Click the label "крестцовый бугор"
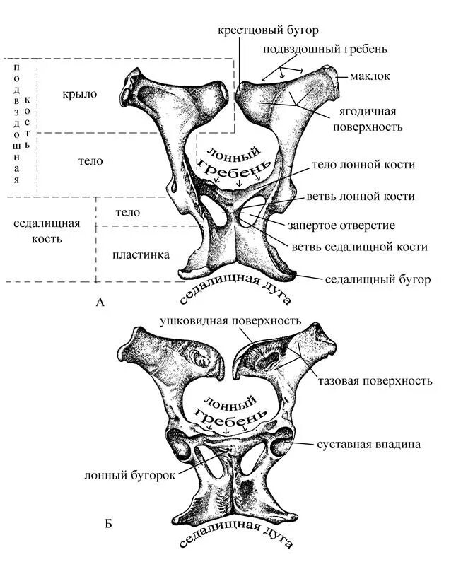point(268,31)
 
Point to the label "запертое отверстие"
point(341,225)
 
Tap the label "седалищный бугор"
point(378,279)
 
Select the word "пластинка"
point(141,254)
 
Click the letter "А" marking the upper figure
point(100,303)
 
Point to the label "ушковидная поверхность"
point(230,320)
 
